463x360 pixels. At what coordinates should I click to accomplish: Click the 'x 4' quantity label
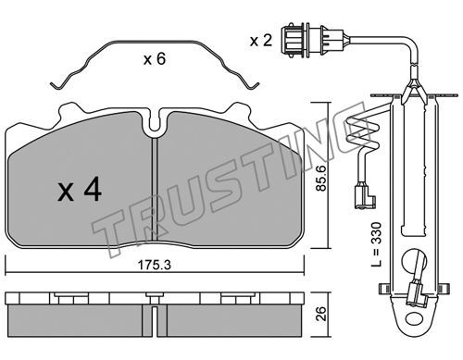point(80,191)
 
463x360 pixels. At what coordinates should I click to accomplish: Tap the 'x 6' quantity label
point(155,58)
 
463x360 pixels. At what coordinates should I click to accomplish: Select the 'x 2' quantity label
point(261,41)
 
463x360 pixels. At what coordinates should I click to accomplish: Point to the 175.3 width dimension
point(155,265)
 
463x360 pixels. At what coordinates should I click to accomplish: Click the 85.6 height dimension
point(322,178)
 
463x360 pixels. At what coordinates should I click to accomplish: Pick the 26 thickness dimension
point(322,314)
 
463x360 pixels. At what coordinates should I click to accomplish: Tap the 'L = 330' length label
point(377,244)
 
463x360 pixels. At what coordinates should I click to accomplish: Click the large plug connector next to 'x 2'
point(312,41)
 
